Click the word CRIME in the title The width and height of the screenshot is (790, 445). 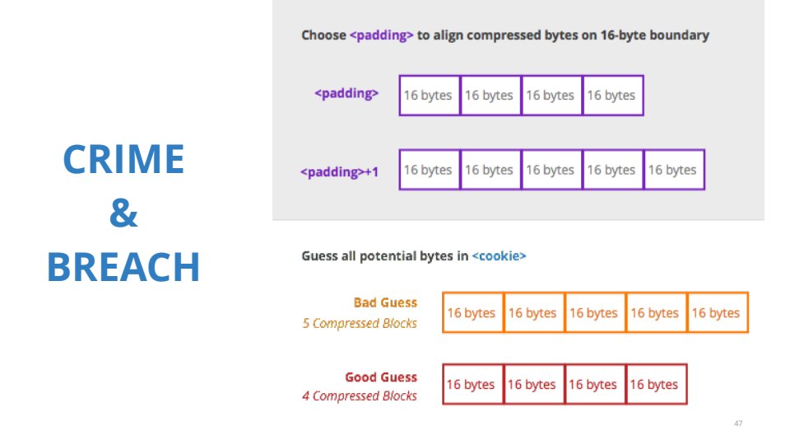124,159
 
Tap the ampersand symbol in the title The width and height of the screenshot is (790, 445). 123,213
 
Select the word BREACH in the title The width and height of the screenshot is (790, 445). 123,267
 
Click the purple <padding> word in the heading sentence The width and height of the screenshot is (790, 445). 381,35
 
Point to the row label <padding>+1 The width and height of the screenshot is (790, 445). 339,172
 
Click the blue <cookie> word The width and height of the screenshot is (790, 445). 499,255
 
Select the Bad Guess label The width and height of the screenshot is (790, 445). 385,302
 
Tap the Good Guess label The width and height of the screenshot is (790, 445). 381,377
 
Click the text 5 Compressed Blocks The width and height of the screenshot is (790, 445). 360,323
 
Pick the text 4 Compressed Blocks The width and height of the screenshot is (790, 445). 360,396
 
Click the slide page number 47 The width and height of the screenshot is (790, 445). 738,424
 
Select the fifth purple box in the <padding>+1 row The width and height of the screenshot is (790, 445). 674,170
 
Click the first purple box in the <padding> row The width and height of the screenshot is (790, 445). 430,96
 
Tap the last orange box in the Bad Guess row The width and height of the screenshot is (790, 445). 718,312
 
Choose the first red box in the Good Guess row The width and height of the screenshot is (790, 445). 472,384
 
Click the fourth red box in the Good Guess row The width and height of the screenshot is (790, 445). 656,384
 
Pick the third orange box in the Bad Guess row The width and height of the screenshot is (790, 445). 595,312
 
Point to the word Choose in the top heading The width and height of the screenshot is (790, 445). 324,35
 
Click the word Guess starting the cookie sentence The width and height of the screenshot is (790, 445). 320,255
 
